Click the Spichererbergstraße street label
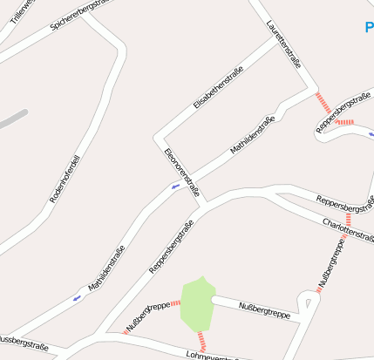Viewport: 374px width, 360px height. (83, 15)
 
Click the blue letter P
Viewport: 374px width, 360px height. (369, 27)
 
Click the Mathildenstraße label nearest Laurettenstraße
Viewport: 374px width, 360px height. (258, 135)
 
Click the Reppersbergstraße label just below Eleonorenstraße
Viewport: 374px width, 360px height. (171, 247)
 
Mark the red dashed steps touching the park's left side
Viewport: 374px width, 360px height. (174, 303)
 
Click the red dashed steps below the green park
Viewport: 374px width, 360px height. (203, 341)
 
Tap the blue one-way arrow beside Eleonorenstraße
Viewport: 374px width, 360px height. (176, 186)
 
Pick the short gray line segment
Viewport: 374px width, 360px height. (12, 119)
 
